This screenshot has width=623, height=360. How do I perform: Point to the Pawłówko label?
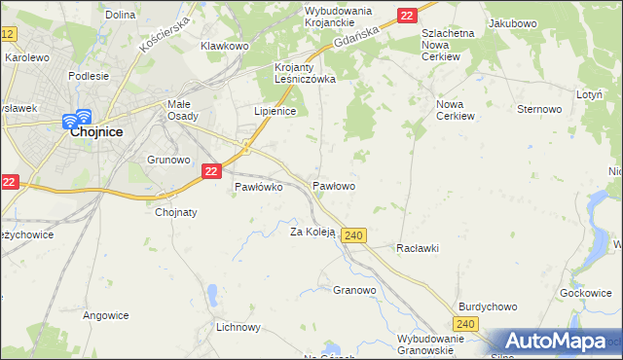click(x=258, y=188)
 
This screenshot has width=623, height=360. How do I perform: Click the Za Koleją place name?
click(x=312, y=232)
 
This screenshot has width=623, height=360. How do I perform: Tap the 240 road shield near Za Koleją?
click(x=353, y=235)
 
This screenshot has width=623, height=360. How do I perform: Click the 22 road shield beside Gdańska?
click(x=407, y=15)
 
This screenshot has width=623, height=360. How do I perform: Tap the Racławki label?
click(x=418, y=248)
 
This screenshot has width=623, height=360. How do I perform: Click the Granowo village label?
click(x=354, y=290)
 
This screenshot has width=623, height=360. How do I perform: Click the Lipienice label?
click(x=275, y=112)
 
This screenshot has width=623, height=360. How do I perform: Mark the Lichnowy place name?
click(x=238, y=327)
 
